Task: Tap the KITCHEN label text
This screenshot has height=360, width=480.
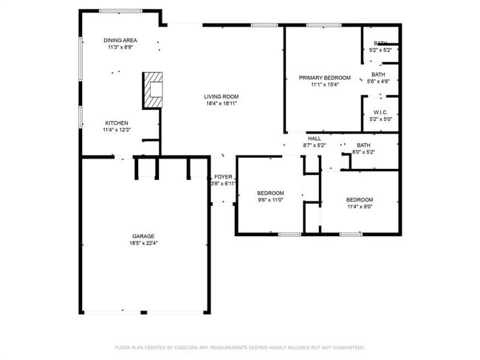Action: [x=117, y=122]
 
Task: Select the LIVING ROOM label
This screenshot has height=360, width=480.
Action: [x=222, y=97]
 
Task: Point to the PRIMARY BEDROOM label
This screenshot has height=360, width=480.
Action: [x=324, y=77]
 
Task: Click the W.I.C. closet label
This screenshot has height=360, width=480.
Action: [x=380, y=113]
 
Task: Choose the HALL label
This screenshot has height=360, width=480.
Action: [x=315, y=139]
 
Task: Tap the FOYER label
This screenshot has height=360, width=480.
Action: [x=223, y=177]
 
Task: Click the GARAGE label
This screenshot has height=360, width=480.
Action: [x=143, y=236]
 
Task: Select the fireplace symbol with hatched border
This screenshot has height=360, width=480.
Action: [x=153, y=89]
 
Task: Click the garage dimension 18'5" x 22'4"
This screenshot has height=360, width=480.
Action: [x=143, y=243]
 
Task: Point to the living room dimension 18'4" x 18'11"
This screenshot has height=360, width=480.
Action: [x=222, y=103]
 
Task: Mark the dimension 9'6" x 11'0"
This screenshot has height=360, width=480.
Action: [x=270, y=200]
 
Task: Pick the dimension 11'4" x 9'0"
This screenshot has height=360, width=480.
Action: [x=360, y=207]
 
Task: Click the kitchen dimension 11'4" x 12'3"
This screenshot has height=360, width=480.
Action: [x=117, y=130]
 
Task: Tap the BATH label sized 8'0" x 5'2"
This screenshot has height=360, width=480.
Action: [x=363, y=145]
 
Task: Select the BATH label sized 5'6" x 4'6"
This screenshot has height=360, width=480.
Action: [x=378, y=75]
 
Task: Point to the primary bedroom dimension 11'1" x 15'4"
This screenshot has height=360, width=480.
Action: [x=324, y=84]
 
